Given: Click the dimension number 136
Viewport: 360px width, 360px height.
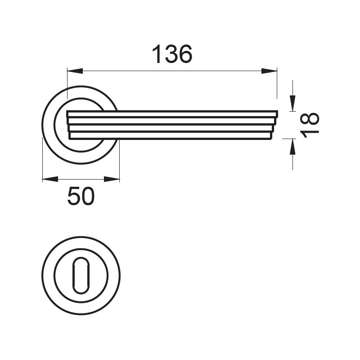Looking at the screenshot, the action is coord(172,54).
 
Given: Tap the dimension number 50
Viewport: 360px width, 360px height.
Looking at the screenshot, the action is coord(81,196).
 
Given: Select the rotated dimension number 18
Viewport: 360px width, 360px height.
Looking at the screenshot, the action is coord(310,125).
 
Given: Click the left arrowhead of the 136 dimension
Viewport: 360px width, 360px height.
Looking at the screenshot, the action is coord(75,71).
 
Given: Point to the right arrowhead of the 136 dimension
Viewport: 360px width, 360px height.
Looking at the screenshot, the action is coord(269,71).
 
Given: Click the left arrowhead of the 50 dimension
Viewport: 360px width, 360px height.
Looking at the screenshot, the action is coord(50,179).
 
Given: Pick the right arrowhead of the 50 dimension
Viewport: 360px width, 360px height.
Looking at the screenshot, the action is coord(112,179).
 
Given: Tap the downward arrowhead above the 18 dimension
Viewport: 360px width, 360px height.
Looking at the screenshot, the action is coord(292,103).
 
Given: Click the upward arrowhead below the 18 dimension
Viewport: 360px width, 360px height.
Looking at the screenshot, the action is coord(292,147).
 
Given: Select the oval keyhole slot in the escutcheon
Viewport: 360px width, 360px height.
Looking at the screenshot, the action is coord(81,275).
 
